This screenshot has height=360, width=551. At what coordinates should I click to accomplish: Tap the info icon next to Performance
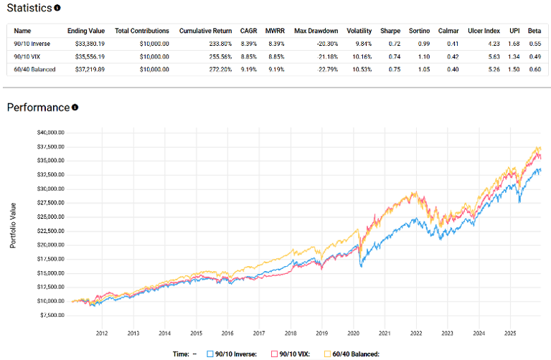click(75, 108)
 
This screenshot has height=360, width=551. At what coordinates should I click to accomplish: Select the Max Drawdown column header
click(316, 31)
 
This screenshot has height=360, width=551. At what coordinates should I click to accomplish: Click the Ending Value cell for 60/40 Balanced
click(87, 68)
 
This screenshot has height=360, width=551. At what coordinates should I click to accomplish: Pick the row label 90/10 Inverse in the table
click(32, 43)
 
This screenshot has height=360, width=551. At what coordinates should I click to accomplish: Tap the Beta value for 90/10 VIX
click(535, 56)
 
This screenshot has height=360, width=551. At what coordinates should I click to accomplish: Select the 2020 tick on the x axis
click(353, 333)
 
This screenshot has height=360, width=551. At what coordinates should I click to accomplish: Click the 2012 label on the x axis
click(101, 333)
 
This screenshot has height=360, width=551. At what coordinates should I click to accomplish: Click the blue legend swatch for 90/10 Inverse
click(210, 354)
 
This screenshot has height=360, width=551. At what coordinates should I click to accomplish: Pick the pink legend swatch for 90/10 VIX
click(274, 354)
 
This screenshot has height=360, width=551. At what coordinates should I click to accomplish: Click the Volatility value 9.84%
click(357, 43)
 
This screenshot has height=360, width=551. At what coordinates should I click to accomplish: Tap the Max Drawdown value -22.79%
click(324, 68)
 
